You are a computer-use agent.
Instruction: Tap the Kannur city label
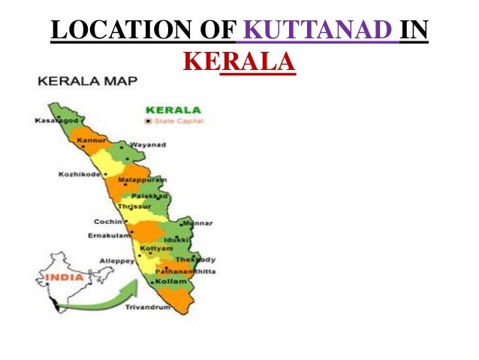(89, 141)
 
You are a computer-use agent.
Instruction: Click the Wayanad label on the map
(148, 144)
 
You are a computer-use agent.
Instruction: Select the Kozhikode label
(78, 175)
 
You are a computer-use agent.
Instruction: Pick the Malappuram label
(142, 180)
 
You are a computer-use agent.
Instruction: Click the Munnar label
(200, 223)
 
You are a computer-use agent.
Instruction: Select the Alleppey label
(116, 261)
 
